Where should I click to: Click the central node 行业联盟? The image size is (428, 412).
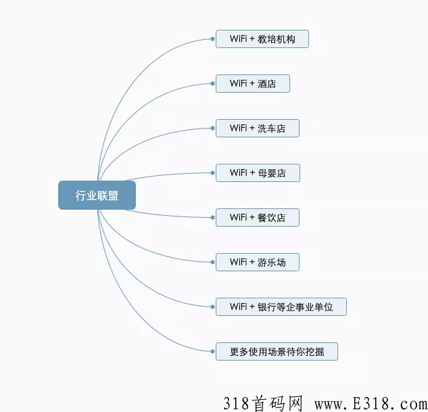[x=97, y=196]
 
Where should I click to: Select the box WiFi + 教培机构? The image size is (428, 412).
[x=262, y=39]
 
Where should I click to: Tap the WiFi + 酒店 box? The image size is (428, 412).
[x=253, y=83]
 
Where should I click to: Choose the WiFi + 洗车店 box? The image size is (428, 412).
[x=258, y=129]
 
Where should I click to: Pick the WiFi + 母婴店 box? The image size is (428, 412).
[x=258, y=173]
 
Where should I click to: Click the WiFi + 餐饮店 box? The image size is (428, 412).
[x=258, y=218]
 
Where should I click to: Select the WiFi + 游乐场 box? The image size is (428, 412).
[x=258, y=262]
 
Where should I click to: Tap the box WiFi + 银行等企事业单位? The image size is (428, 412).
[x=281, y=307]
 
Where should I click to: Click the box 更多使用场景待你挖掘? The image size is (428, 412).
[x=277, y=351]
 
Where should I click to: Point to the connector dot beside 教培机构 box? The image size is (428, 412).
[x=212, y=39]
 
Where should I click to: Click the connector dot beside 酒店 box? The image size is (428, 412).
[x=212, y=83]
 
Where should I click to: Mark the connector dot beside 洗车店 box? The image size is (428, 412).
[x=212, y=129]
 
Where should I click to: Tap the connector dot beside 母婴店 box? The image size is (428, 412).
[x=212, y=173]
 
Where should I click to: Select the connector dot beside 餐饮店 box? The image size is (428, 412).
[x=212, y=218]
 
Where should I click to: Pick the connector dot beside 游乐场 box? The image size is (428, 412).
[x=212, y=262]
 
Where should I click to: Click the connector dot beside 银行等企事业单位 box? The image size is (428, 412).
[x=212, y=307]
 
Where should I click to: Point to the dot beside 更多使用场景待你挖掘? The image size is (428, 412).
[x=212, y=351]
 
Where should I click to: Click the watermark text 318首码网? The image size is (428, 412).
[x=264, y=403]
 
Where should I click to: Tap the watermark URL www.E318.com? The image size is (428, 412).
[x=371, y=404]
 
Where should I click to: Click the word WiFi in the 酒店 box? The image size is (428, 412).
[x=238, y=83]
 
